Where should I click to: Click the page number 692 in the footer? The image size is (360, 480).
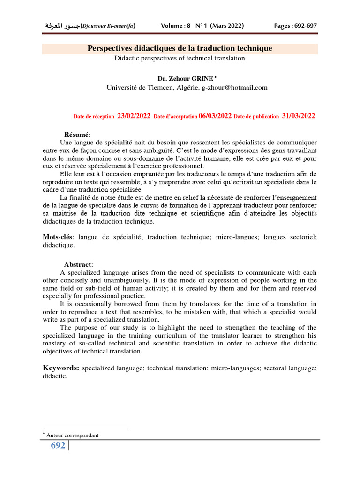tap(58, 445)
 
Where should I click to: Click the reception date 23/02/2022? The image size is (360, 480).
tap(134, 116)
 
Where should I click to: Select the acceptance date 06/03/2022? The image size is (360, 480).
tap(215, 116)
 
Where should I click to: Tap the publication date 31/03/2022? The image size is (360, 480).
tap(298, 116)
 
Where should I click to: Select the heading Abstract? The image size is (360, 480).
tap(78, 264)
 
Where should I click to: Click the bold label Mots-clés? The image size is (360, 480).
tap(58, 237)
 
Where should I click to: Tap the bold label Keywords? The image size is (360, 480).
tap(61, 368)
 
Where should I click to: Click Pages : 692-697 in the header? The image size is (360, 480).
tap(295, 26)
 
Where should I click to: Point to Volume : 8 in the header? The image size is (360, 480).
tap(176, 26)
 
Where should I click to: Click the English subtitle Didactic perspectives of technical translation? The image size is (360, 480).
tap(180, 58)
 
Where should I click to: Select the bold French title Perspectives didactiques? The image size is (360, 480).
tap(180, 49)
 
